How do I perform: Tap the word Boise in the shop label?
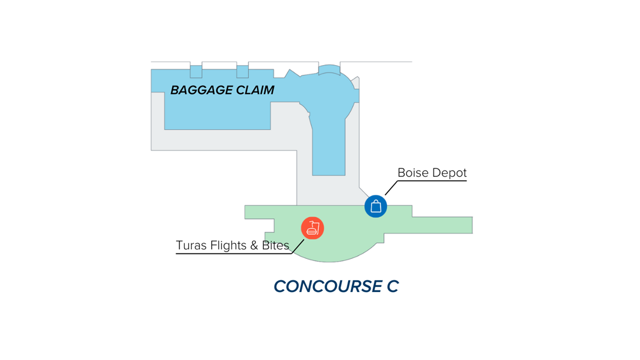click(x=413, y=172)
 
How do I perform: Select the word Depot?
click(x=449, y=173)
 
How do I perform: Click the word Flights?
click(x=228, y=245)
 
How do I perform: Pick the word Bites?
click(x=276, y=245)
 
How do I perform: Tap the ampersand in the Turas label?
click(x=254, y=245)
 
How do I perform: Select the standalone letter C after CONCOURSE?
click(x=392, y=286)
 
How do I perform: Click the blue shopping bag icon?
click(x=376, y=206)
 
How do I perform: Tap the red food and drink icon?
click(x=313, y=228)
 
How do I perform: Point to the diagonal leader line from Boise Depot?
click(x=391, y=188)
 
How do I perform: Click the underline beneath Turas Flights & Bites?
click(x=234, y=254)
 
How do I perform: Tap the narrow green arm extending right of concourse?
click(x=442, y=225)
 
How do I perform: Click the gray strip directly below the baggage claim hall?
click(x=223, y=140)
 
